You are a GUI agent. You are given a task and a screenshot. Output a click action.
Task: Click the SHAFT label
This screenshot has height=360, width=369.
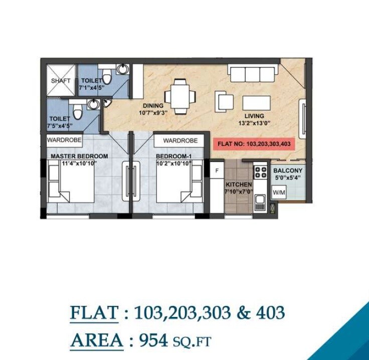60,80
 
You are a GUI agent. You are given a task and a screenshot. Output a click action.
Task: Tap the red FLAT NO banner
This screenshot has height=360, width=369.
254,144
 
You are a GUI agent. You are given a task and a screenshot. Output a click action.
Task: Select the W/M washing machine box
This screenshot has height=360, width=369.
278,193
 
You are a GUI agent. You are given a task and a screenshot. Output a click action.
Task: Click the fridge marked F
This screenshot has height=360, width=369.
217,171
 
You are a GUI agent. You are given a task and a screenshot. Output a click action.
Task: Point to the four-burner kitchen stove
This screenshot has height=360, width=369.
260,172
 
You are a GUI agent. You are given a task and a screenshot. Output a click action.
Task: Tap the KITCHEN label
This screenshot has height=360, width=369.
239,185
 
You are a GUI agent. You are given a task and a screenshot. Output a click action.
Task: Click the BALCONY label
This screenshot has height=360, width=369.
288,170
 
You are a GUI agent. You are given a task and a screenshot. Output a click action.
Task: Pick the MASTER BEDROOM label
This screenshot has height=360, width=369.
79,156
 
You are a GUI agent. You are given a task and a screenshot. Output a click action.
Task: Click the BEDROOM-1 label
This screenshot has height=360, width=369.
174,156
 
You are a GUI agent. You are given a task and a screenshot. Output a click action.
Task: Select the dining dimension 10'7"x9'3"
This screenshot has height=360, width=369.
153,113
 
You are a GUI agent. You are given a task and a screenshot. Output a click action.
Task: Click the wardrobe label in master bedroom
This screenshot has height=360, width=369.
65,140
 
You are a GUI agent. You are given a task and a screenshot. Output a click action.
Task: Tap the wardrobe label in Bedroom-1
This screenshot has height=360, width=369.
180,141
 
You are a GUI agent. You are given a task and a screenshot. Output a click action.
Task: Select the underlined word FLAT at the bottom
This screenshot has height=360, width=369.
94,313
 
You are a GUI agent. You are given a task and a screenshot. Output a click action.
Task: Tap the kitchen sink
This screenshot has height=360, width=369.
260,203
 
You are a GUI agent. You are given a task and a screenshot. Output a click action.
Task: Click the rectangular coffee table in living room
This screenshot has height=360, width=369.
256,102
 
